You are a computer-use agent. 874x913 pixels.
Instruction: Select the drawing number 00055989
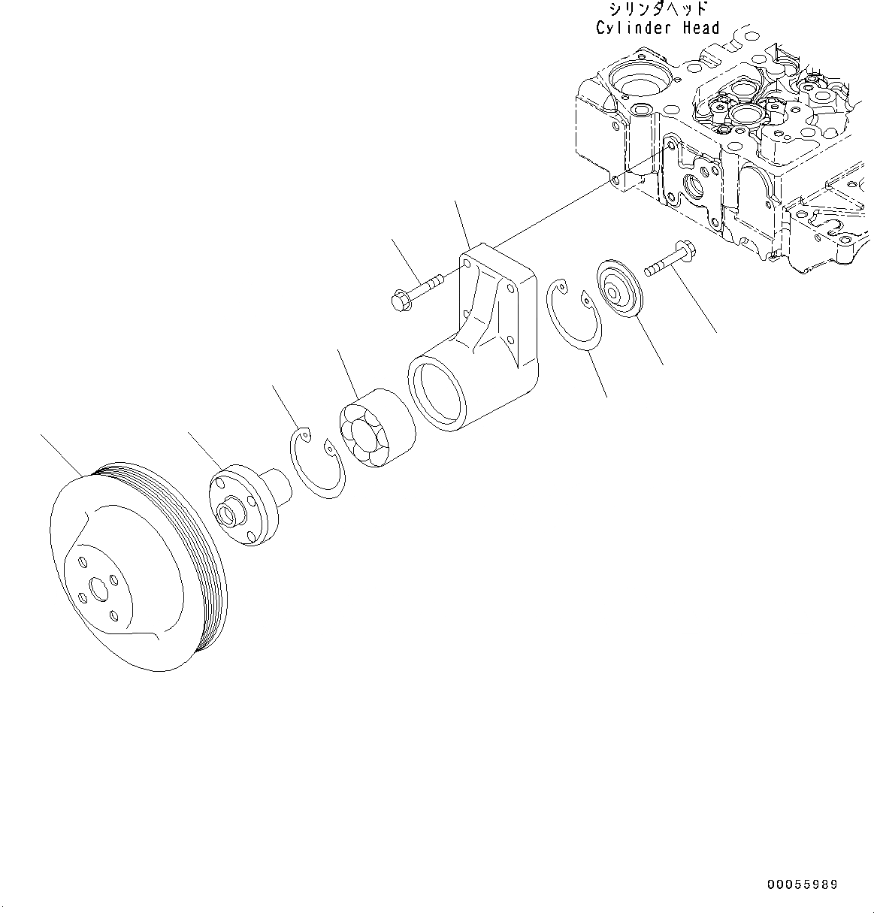(x=802, y=885)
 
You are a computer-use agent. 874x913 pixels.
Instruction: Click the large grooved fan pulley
(x=135, y=571)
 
